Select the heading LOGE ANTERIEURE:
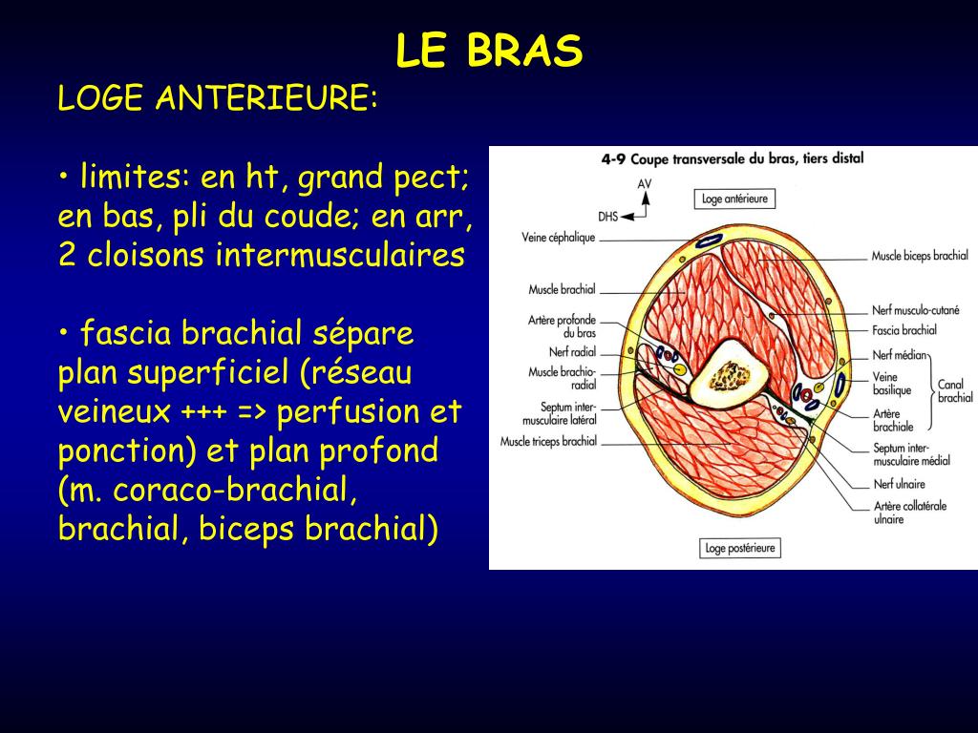click(x=218, y=98)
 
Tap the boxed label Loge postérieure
click(x=740, y=548)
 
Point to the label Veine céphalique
click(x=559, y=238)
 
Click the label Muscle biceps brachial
click(x=919, y=256)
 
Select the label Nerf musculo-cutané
click(x=915, y=310)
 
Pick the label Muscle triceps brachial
click(x=548, y=441)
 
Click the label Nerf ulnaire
click(x=899, y=485)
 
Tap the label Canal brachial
click(x=955, y=391)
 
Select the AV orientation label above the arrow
click(x=645, y=182)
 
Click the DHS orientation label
click(x=609, y=216)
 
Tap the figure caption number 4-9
click(x=612, y=159)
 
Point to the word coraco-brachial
click(x=236, y=491)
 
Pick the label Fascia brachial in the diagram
click(x=904, y=330)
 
